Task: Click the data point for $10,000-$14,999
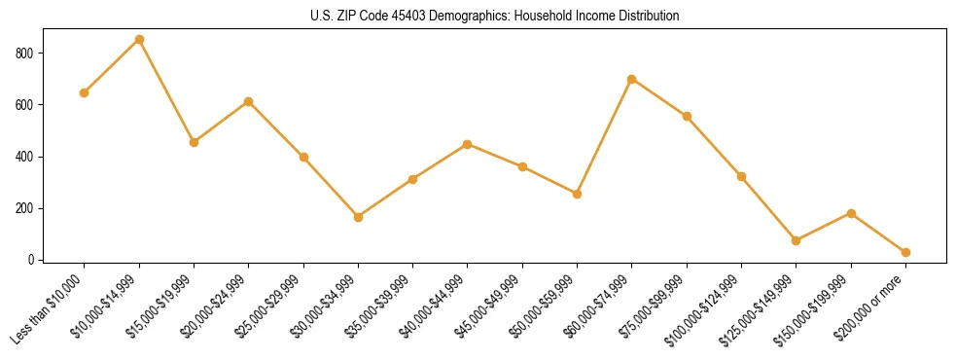[139, 40]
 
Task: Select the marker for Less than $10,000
[85, 93]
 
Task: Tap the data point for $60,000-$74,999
[632, 79]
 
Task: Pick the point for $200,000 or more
[905, 252]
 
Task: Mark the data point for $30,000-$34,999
[358, 217]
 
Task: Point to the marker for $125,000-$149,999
[797, 240]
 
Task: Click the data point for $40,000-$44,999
[468, 144]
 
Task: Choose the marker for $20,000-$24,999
[249, 101]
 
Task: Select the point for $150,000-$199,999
[851, 213]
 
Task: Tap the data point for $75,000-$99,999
[687, 117]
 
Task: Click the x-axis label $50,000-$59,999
[547, 306]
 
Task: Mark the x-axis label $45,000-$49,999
[492, 306]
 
